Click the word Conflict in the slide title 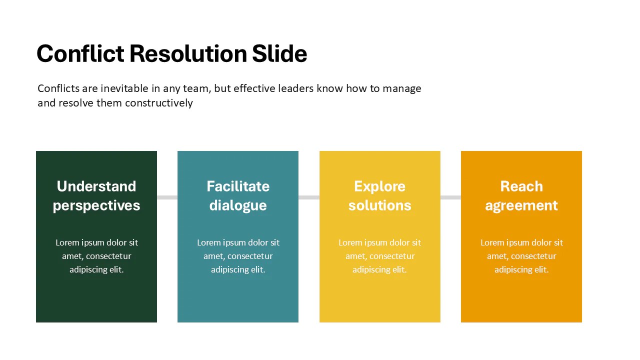(80, 53)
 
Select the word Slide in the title (279, 53)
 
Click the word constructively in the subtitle (159, 103)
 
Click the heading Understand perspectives (96, 195)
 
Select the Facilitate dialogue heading (238, 195)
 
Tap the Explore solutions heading (379, 195)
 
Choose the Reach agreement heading (521, 195)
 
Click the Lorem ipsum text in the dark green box (96, 256)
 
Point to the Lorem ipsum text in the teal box (238, 256)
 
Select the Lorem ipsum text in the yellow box (379, 256)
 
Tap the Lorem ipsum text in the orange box (521, 256)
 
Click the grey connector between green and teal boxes (167, 197)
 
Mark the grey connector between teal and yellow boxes (309, 197)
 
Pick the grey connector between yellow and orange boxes (450, 197)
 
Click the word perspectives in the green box (96, 205)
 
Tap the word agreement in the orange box (521, 205)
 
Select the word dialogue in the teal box (238, 205)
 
